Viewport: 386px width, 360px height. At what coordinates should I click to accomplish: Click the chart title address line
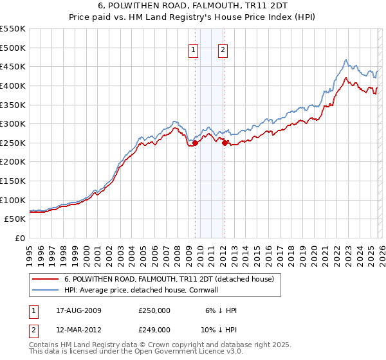(x=192, y=6)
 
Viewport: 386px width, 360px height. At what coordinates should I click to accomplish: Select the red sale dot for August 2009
(x=196, y=143)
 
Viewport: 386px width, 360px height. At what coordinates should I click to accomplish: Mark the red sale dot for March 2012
(x=225, y=143)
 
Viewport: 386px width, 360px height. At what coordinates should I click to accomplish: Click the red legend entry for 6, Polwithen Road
(x=169, y=279)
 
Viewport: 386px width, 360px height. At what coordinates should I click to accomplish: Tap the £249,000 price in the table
(x=154, y=329)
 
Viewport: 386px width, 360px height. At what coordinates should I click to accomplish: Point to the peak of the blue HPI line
(x=345, y=60)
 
